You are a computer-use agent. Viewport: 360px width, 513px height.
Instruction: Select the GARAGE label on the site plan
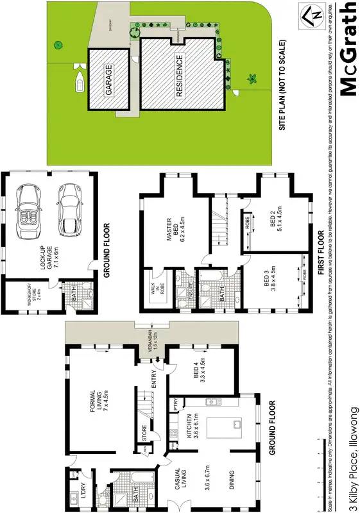[x=108, y=80]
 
